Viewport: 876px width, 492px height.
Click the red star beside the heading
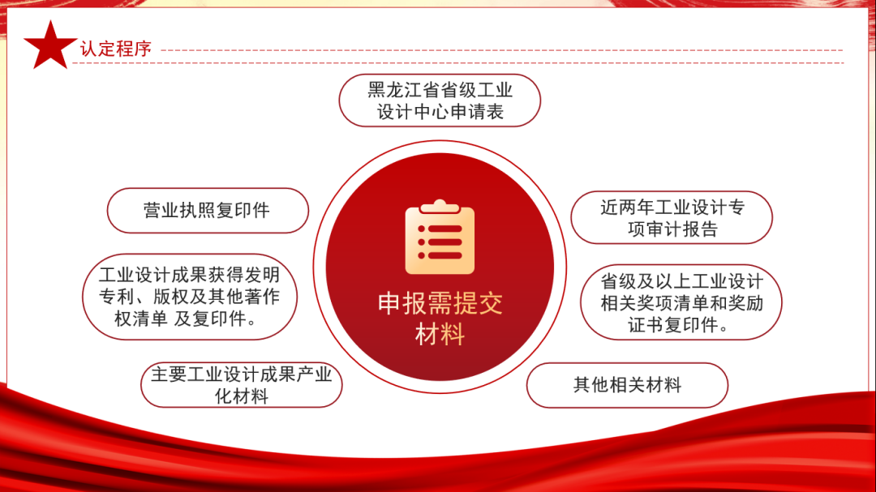coord(51,46)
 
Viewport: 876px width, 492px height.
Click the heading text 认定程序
coord(116,48)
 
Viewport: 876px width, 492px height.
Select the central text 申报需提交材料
coord(440,318)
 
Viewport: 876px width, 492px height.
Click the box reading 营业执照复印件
coord(208,211)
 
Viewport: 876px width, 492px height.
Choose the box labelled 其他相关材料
coord(627,385)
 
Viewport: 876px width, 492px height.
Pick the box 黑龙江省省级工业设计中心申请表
coord(440,101)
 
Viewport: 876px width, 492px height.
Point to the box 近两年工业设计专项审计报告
coord(672,217)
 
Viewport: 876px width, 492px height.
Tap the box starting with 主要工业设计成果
coord(241,385)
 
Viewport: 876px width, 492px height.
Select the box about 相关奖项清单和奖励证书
coord(681,302)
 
